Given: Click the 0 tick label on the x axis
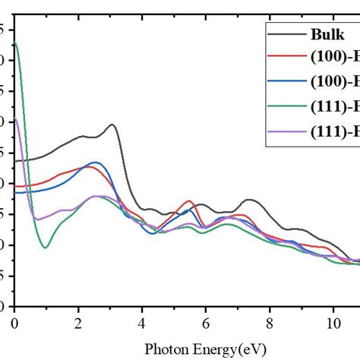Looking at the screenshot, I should tap(14, 323).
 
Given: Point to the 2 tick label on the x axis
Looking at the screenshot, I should tap(77, 323).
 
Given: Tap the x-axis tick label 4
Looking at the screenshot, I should tap(141, 323).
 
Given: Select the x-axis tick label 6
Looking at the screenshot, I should tap(205, 323).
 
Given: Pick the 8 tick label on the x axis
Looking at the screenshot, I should tap(269, 323).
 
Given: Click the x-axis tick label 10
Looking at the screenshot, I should tap(332, 323).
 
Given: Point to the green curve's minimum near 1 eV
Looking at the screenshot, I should tap(46, 248).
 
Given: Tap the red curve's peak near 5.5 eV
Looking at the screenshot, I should tap(189, 201).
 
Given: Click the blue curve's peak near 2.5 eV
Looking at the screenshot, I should tap(95, 163).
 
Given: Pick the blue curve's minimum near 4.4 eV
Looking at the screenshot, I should tap(154, 233).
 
